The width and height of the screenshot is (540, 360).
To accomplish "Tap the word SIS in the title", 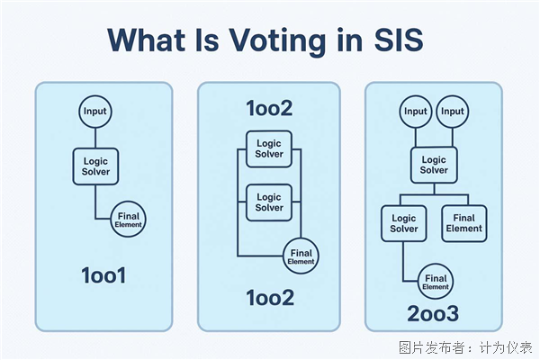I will click(x=394, y=41).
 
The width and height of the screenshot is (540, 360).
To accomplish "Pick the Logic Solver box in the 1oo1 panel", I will click(x=94, y=166).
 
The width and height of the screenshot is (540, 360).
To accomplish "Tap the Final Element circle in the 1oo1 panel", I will click(x=128, y=220).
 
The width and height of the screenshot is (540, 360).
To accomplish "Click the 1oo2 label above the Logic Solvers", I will click(x=269, y=108).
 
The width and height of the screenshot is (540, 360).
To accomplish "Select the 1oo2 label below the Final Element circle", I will click(x=269, y=297).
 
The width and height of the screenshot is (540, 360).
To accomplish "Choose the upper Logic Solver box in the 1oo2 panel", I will click(x=269, y=148).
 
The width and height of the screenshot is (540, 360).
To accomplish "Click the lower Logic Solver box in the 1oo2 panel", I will click(x=269, y=202).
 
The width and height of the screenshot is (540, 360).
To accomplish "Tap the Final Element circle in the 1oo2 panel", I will click(x=300, y=256).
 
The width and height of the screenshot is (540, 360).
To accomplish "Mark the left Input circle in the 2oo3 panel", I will click(x=416, y=112).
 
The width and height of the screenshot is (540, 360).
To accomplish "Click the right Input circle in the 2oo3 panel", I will click(x=453, y=112).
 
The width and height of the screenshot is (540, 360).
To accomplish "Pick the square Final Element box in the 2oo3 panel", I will click(x=464, y=223).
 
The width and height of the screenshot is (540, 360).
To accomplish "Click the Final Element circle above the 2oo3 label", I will click(x=435, y=283).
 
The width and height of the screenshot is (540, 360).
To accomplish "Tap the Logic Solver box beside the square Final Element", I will click(x=403, y=223).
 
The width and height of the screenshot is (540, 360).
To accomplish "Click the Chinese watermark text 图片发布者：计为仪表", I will click(x=465, y=346).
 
